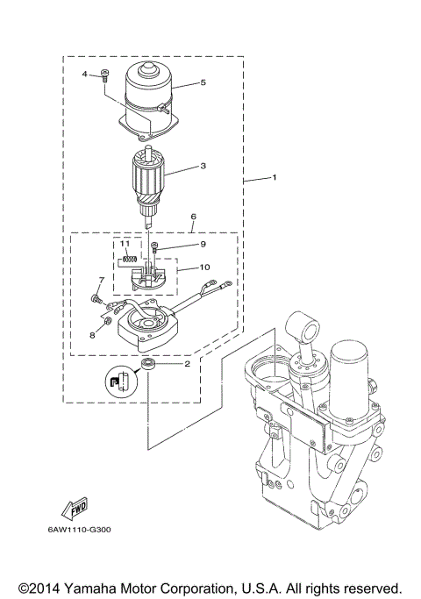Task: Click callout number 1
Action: pos(275,178)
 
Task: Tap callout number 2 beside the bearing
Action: pos(187,362)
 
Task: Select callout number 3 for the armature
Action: pos(203,164)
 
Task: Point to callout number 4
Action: pos(87,75)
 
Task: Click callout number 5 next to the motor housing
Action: pos(203,83)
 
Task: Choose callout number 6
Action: pos(193,216)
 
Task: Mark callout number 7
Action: pos(101,281)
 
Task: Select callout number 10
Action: pos(203,267)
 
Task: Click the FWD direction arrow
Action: pos(75,506)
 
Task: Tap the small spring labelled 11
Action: pos(129,257)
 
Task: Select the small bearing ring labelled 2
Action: pos(147,363)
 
